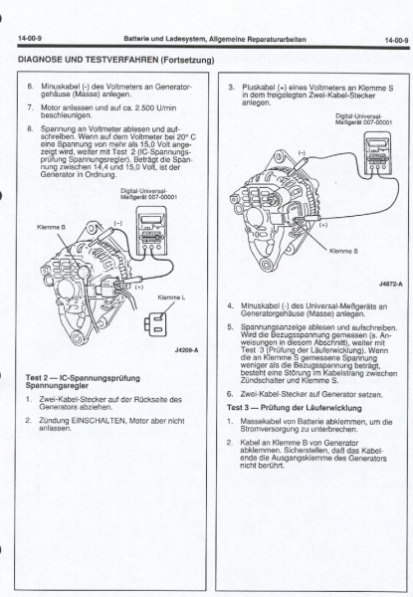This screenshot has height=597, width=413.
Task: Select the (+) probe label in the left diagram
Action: pos(138,260)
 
